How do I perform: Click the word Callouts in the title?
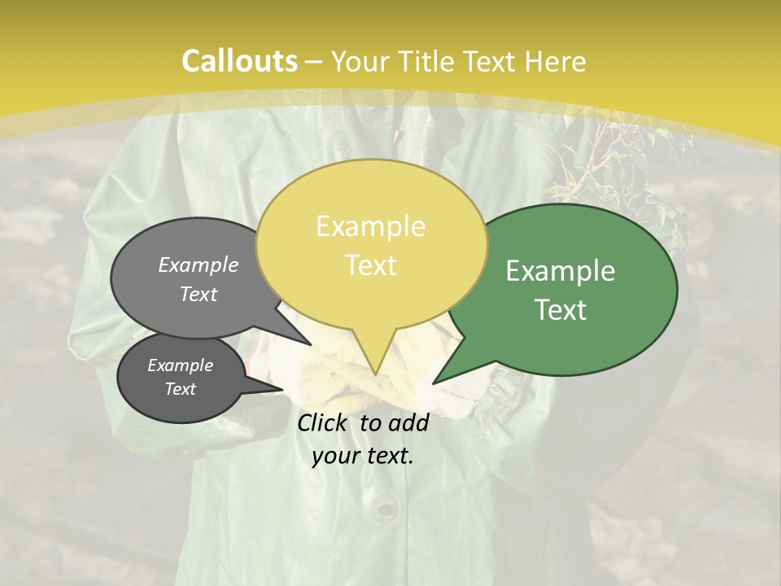239,61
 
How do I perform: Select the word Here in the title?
556,61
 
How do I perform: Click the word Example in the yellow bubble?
370,226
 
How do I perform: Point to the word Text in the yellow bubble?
370,265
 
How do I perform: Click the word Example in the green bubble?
561,271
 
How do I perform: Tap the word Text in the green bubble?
561,310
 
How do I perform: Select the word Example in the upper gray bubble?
199,265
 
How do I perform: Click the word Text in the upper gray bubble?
199,294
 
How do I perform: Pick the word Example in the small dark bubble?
180,365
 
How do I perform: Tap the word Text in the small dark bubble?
180,389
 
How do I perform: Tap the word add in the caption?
408,422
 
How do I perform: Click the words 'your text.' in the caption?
362,456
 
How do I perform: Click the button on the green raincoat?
386,509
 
